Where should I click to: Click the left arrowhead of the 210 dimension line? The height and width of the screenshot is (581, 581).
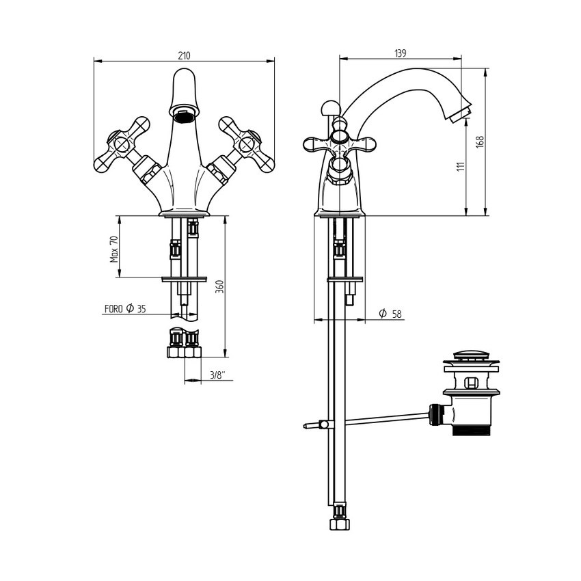pos(98,61)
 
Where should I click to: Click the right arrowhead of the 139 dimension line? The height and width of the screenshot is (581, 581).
pos(457,58)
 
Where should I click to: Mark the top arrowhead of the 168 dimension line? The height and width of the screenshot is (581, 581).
pos(485,72)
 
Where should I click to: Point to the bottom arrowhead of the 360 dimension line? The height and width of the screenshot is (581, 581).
pos(224,353)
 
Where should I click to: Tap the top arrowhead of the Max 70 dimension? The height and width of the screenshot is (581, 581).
pos(120,219)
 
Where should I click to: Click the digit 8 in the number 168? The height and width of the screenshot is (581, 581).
pos(480,139)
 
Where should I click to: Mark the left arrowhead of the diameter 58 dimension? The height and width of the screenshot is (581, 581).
pos(318,319)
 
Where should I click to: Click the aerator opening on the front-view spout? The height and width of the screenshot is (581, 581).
pos(184,118)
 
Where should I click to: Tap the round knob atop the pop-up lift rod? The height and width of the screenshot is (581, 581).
pos(329,109)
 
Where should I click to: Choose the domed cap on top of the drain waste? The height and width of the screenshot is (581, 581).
pos(471,355)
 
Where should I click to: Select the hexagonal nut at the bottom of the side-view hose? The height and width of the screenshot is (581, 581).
pos(340,524)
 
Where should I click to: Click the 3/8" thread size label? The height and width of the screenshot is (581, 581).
pos(217,375)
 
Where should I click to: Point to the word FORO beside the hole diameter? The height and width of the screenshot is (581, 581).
pos(113,309)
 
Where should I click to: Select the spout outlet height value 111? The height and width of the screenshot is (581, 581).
pos(461,166)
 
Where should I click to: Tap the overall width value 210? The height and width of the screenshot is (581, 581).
pos(184,55)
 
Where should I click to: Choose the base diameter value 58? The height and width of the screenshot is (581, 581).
pos(396,314)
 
